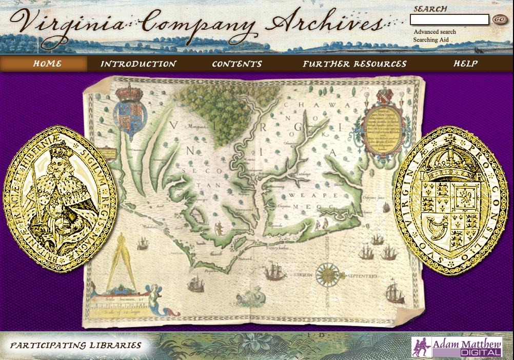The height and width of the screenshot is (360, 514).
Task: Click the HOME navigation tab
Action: click(x=47, y=64)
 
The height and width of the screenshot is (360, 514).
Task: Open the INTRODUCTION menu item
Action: click(x=138, y=64)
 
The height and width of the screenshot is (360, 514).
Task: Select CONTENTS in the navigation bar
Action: click(x=236, y=64)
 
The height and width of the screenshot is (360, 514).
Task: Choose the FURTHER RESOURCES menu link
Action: click(x=354, y=64)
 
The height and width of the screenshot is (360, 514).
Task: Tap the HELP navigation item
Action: click(x=465, y=64)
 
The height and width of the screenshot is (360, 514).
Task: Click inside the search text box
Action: click(x=449, y=20)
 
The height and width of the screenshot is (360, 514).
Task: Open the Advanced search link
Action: click(x=434, y=32)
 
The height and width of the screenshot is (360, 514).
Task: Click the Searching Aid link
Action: click(x=430, y=39)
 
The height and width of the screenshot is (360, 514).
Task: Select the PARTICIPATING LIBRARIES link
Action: click(x=76, y=346)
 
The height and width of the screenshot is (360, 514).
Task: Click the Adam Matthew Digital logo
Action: click(x=457, y=347)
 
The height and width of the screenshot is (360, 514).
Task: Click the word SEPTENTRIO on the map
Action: click(x=362, y=276)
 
